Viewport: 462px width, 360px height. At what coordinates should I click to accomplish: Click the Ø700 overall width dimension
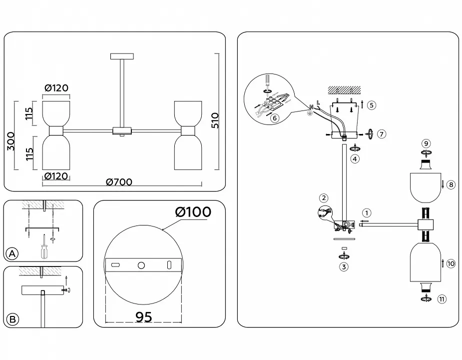click(119, 182)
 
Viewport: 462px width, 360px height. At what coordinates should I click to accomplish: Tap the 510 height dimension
click(215, 120)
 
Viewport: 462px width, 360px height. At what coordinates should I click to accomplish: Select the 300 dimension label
click(10, 141)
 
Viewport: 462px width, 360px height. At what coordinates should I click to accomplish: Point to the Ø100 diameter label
click(193, 212)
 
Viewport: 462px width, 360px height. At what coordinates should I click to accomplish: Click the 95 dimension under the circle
click(144, 317)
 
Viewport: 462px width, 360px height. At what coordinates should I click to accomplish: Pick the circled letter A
click(12, 253)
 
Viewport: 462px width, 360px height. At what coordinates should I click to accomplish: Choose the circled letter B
click(12, 319)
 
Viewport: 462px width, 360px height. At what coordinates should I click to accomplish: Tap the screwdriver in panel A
click(44, 246)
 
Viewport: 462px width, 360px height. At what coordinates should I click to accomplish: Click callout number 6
click(275, 118)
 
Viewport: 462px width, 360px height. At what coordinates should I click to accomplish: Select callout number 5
click(371, 105)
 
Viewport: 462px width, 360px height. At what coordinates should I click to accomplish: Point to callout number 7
click(381, 134)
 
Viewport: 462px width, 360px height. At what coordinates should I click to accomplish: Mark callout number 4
click(355, 159)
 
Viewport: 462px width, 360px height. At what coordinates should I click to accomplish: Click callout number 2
click(324, 198)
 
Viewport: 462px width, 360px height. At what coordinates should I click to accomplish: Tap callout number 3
click(344, 267)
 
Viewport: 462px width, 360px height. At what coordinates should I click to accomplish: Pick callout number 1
click(367, 213)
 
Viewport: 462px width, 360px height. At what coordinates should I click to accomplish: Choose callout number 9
click(426, 143)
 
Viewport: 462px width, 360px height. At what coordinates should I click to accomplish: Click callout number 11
click(442, 299)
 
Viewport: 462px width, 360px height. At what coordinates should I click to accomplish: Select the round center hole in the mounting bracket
click(141, 265)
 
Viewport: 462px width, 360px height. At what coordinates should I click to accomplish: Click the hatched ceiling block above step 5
click(345, 90)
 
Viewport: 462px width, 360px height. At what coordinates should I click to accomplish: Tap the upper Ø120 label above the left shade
click(56, 88)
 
